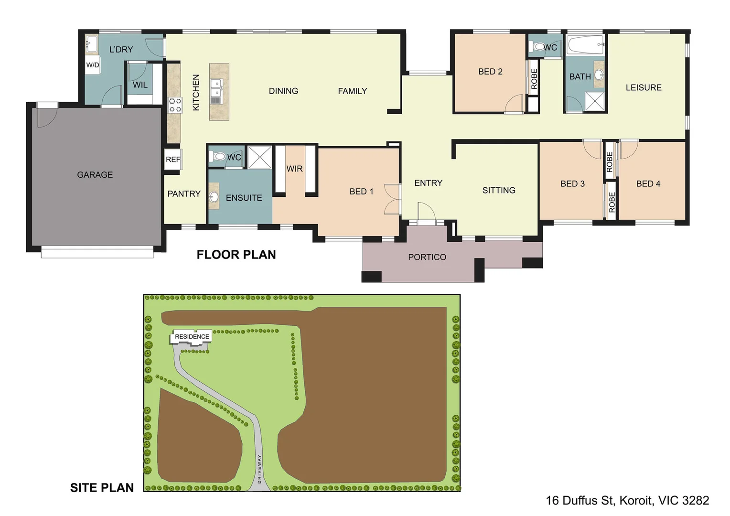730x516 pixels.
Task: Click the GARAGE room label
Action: coord(95,175)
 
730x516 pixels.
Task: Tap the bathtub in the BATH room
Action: coord(586,44)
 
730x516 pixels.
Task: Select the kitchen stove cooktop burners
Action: coord(175,105)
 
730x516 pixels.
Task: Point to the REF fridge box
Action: coord(173,160)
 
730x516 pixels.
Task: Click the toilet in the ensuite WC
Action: coord(218,156)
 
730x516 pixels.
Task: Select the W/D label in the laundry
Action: coord(93,65)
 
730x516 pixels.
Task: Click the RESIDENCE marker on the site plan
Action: coord(192,336)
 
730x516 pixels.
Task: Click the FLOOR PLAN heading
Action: coord(236,255)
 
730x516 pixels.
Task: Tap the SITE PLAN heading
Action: coord(102,488)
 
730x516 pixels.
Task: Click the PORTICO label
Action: coord(427,257)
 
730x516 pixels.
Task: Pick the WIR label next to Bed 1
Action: coord(295,169)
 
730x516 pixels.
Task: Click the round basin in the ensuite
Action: coord(214,196)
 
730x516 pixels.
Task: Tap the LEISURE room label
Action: coord(644,87)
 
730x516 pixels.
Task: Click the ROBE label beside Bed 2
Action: coord(534,79)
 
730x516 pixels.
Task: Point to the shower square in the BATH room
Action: coord(595,101)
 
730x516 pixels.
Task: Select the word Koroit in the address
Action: coord(636,500)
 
